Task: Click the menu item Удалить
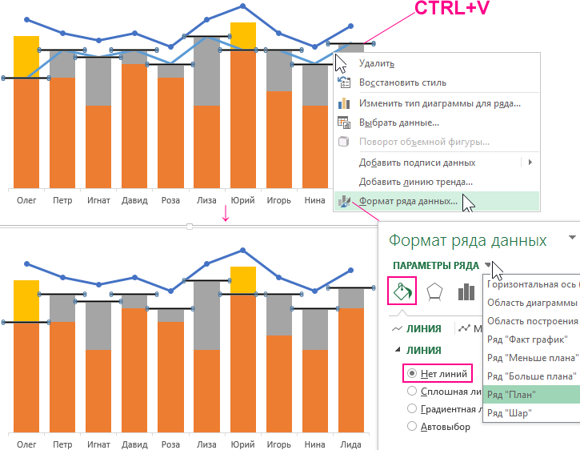pos(376,63)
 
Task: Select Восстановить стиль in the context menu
pos(402,82)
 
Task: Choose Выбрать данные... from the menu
pos(398,123)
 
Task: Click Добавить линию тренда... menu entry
pos(415,182)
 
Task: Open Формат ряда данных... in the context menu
pos(408,202)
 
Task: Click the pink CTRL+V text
pos(452,10)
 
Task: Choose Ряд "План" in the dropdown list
pos(511,394)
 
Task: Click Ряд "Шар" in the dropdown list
pos(509,412)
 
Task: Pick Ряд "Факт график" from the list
pos(527,340)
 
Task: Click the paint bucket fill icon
pos(402,291)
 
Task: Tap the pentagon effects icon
pos(435,291)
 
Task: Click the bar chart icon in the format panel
pos(466,291)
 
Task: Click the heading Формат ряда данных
pos(468,240)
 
